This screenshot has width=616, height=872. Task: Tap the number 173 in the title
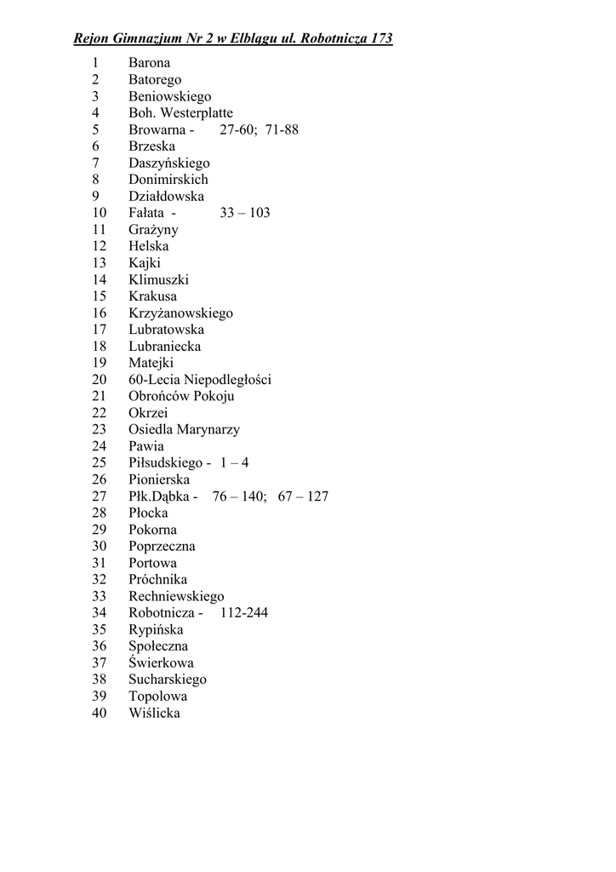click(x=380, y=39)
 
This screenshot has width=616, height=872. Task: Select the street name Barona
click(x=149, y=63)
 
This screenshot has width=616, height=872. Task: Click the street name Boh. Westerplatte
click(x=180, y=113)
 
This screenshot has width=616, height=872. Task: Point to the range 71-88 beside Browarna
click(x=282, y=130)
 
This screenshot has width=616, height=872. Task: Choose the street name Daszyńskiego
click(x=168, y=163)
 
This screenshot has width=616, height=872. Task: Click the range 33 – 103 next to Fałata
click(x=244, y=213)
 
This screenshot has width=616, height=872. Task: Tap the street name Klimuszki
click(x=158, y=279)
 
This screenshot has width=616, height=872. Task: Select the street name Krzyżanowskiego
click(x=180, y=313)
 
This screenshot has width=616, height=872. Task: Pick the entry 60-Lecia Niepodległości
click(x=200, y=380)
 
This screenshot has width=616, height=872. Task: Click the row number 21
click(x=100, y=396)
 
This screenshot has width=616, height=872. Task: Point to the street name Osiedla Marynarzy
click(x=184, y=430)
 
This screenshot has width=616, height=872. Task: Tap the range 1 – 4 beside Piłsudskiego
click(x=234, y=463)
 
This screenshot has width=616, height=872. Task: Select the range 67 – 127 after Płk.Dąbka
click(x=302, y=496)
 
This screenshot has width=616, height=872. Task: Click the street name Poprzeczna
click(x=162, y=547)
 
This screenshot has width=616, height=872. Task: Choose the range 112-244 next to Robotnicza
click(x=243, y=613)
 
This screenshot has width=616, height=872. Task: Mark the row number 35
click(x=100, y=630)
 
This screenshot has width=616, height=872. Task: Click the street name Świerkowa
click(x=161, y=663)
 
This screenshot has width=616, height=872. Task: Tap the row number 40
click(x=100, y=714)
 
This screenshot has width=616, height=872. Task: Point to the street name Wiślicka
click(x=154, y=714)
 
